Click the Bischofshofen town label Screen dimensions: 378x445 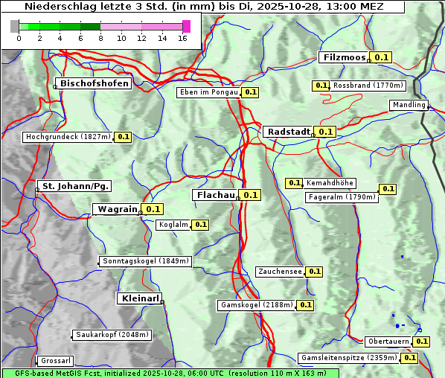pos(95,83)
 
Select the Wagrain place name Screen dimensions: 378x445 pos(118,209)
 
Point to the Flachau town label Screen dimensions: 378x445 pos(214,195)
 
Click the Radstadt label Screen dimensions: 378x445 pos(288,131)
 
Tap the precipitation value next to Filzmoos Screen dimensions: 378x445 pos(382,57)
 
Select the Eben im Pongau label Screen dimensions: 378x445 pos(208,92)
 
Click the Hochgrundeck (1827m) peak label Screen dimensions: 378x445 pos(68,137)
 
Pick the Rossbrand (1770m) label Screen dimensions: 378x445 pos(368,86)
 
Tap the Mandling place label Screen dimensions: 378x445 pos(409,105)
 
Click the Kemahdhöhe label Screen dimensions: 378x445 pos(330,182)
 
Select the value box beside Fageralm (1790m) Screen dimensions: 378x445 pos(388,189)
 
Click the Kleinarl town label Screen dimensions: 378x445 pos(140,298)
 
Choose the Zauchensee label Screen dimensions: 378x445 pos(280,272)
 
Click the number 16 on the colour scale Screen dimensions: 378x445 pos(182,38)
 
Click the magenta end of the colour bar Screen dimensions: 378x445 pos(186,26)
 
